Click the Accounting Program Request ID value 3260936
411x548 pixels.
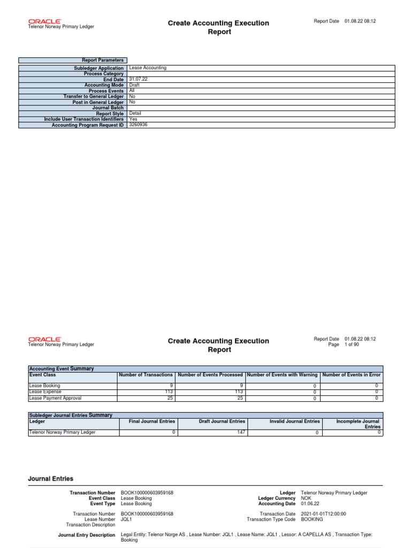point(139,125)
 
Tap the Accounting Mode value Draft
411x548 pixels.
point(134,85)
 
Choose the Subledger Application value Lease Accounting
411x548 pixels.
point(148,68)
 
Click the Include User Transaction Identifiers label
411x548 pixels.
point(84,119)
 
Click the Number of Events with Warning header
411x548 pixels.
point(282,375)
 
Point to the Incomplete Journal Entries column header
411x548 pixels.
point(358,424)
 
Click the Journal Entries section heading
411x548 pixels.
point(51,479)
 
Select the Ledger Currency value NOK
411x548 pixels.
point(307,498)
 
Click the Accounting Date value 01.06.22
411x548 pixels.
point(311,504)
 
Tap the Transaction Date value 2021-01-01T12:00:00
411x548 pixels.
point(324,514)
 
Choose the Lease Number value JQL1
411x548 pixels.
point(127,519)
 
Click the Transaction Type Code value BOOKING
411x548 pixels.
point(313,519)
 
